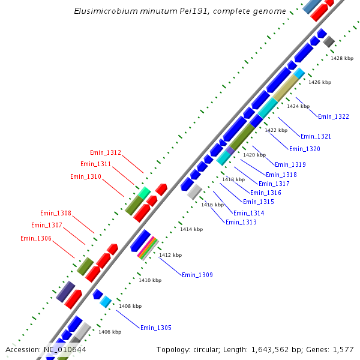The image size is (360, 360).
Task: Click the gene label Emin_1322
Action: coord(333,116)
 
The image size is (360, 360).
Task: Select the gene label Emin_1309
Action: coord(197,275)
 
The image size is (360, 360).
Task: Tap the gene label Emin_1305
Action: coord(156,328)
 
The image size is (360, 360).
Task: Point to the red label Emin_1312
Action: coord(106,153)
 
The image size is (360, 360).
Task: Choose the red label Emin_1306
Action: coord(36,239)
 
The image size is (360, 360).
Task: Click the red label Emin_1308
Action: coord(56,214)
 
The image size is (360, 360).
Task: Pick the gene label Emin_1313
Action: coord(241,223)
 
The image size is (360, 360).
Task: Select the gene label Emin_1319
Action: coord(290,164)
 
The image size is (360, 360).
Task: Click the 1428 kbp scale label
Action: coord(342,58)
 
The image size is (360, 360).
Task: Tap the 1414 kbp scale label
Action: coord(191,229)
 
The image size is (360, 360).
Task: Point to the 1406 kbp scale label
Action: coord(110,332)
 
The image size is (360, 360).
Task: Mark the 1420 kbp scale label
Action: coord(254,155)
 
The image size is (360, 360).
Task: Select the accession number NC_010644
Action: coord(64,350)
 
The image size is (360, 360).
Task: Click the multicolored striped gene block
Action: coord(148,247)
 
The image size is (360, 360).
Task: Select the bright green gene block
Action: coord(144,193)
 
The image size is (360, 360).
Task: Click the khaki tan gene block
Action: coord(286,87)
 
